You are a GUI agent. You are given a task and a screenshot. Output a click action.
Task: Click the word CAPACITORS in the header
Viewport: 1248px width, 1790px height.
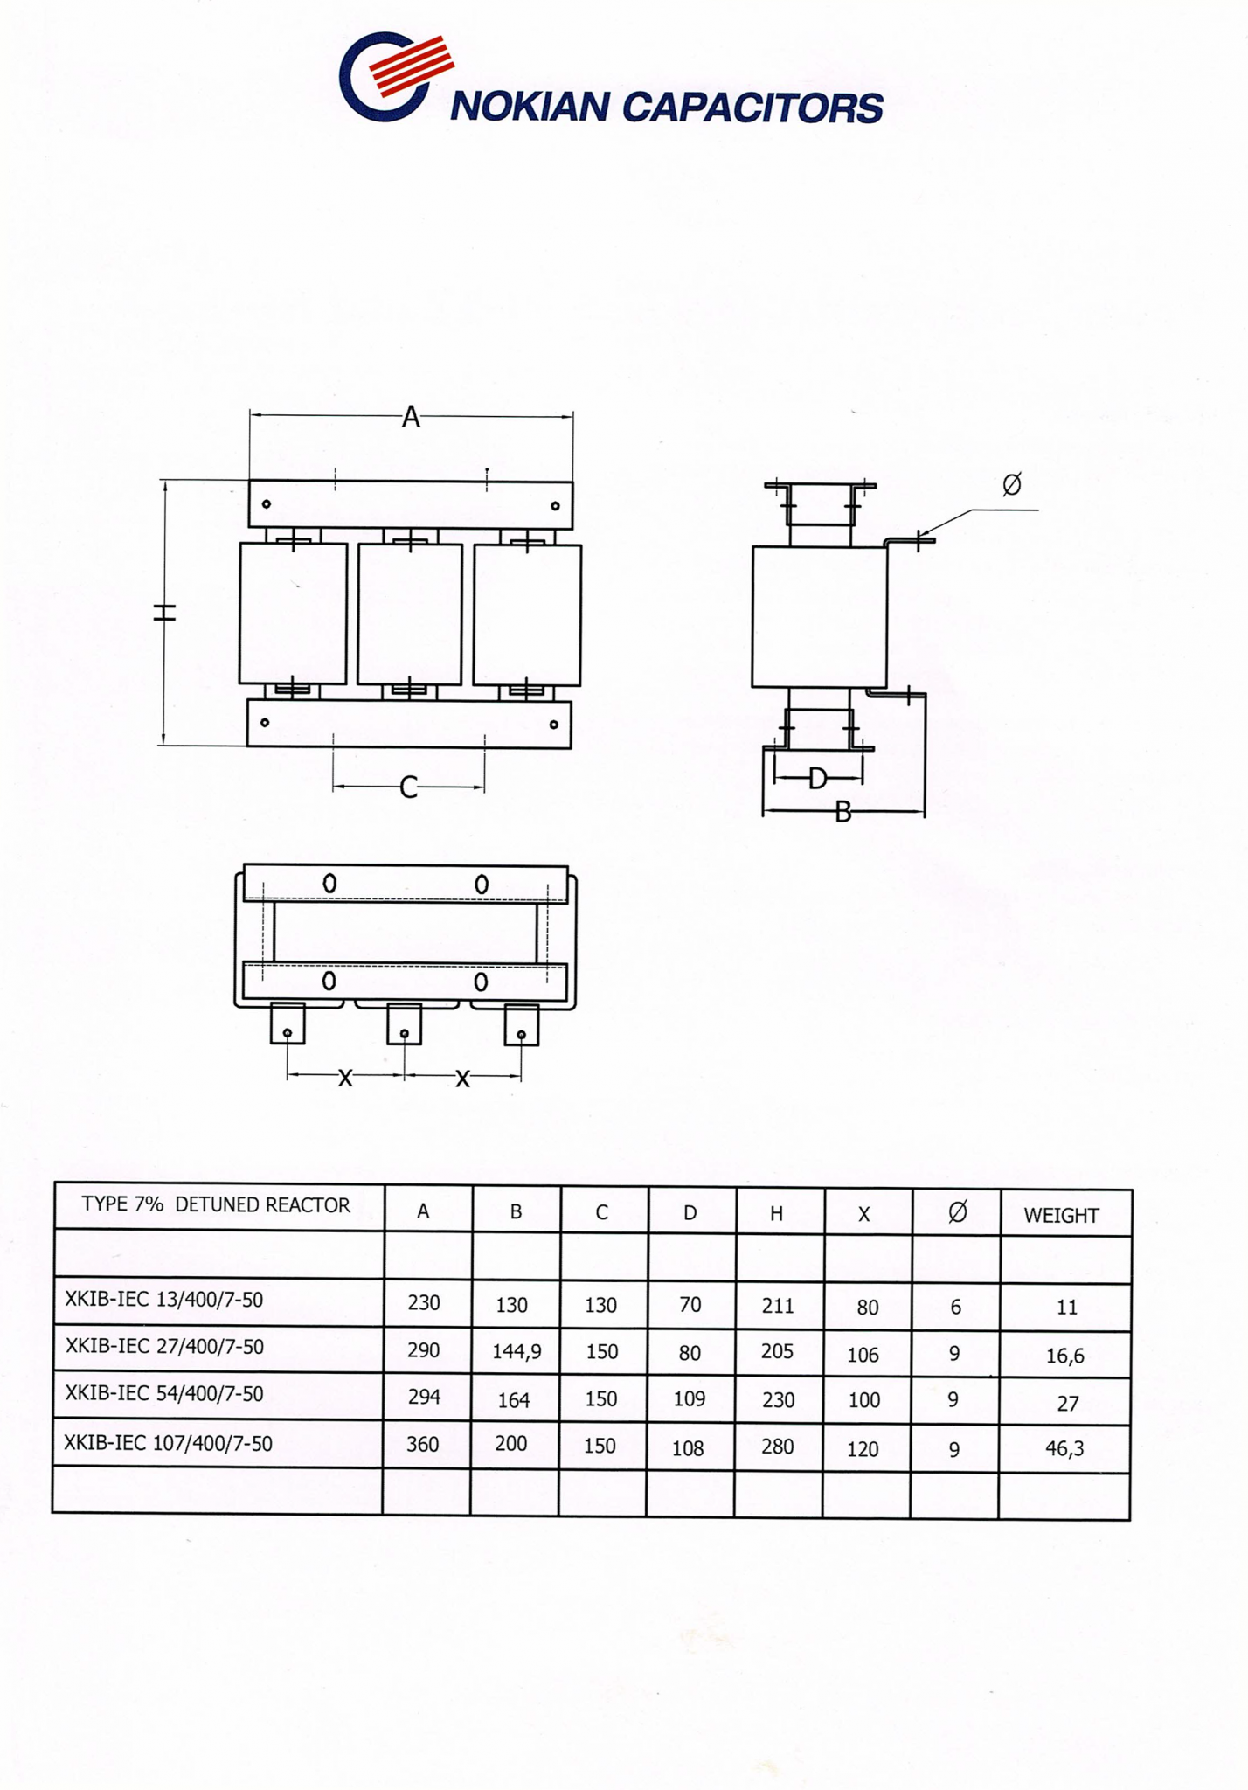(x=752, y=108)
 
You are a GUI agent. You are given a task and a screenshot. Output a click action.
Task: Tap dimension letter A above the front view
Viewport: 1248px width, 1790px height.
(x=411, y=417)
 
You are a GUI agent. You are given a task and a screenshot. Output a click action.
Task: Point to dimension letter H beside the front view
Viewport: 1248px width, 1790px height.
(x=165, y=613)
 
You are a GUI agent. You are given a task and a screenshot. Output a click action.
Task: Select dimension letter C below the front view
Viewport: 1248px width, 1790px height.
(x=408, y=787)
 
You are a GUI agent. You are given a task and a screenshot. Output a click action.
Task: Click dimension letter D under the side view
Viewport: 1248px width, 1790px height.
(x=817, y=777)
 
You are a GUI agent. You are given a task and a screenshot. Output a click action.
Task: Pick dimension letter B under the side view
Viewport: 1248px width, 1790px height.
(x=842, y=813)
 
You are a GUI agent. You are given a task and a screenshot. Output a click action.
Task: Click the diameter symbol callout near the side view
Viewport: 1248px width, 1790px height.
(x=1011, y=483)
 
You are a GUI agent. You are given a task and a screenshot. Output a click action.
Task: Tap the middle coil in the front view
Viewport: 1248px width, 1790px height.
(x=410, y=614)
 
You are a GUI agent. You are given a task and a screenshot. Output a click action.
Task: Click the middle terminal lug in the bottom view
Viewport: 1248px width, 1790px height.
(x=404, y=1024)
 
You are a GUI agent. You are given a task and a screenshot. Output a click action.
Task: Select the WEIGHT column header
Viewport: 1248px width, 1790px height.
(x=1061, y=1215)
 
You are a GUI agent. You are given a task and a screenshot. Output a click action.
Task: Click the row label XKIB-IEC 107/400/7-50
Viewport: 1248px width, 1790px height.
(x=168, y=1443)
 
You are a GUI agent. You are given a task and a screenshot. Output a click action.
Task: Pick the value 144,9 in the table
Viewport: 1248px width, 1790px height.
(x=517, y=1352)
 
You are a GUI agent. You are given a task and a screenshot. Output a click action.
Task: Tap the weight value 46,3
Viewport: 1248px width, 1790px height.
(x=1064, y=1448)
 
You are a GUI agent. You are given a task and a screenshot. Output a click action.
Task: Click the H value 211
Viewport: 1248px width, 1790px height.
(x=777, y=1306)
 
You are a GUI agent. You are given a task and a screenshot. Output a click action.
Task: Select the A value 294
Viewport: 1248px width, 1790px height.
(x=424, y=1397)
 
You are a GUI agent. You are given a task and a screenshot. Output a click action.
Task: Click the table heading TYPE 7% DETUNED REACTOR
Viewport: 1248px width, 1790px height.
(x=216, y=1204)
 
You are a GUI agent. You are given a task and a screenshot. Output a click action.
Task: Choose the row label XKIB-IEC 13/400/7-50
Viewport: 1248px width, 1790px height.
(x=163, y=1300)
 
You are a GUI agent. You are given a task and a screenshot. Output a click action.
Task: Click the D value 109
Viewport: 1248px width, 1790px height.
(x=689, y=1398)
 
